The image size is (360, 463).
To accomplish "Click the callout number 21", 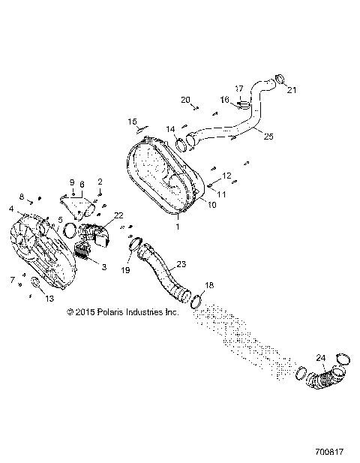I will [x=292, y=91].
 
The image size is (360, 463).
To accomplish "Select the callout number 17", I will [x=239, y=89].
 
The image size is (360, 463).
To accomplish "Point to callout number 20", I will [x=186, y=100].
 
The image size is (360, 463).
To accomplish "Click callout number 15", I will [x=132, y=121].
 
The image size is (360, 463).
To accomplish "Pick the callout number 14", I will [x=171, y=128].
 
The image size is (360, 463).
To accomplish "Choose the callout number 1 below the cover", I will [x=177, y=225].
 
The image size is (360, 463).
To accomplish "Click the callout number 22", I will [x=118, y=215].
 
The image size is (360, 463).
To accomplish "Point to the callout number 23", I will [x=181, y=264].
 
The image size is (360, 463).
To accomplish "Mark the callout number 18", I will [x=210, y=286].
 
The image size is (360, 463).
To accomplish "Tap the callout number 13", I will [x=49, y=298].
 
